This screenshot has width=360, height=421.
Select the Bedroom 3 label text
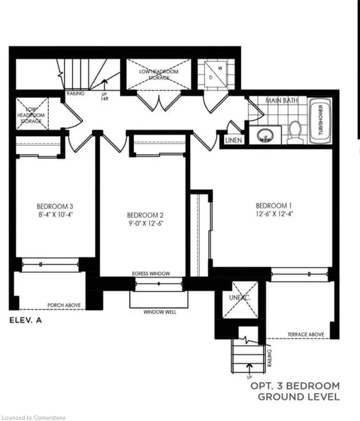(55, 206)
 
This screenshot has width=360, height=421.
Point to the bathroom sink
(264, 135)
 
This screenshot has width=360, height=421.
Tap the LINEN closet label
(233, 141)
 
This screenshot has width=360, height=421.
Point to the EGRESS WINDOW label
(151, 274)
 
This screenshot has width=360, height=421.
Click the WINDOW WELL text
(159, 312)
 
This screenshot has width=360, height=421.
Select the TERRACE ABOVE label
(305, 334)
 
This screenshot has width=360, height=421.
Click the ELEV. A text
(26, 322)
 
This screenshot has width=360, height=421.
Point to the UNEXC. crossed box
(240, 300)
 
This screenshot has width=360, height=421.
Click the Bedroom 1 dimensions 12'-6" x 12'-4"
(274, 214)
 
